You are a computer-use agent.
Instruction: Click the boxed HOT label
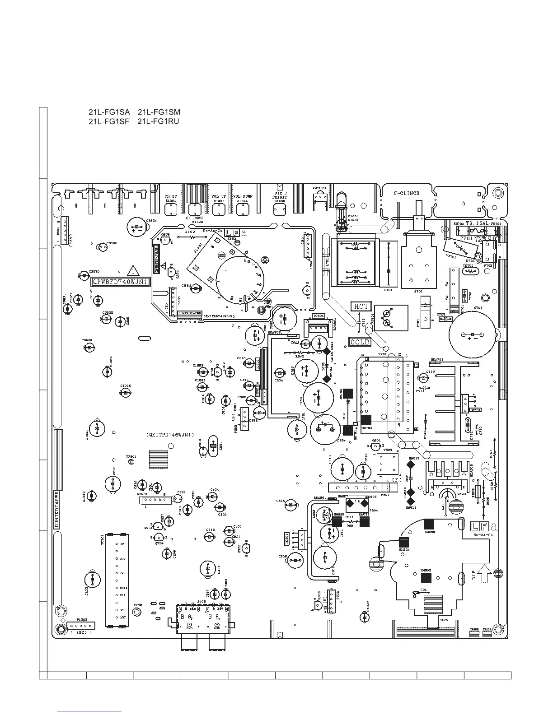tap(361, 306)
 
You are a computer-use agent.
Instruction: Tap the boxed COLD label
tap(360, 342)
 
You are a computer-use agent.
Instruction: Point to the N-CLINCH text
tap(406, 193)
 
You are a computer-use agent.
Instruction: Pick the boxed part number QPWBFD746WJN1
tap(121, 282)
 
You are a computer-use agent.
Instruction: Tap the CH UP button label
tap(170, 196)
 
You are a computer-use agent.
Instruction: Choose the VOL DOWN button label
tap(243, 196)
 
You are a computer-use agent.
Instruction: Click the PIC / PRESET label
tap(280, 195)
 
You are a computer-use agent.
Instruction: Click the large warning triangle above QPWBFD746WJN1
tap(133, 271)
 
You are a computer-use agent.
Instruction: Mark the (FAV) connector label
tap(71, 238)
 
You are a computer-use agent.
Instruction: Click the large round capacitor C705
tap(472, 334)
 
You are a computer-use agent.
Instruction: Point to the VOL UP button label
tap(219, 196)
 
